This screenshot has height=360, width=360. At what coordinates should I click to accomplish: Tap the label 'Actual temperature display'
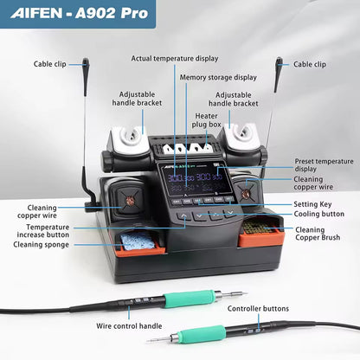tap(175, 59)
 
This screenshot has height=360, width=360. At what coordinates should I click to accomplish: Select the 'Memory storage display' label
tap(217, 76)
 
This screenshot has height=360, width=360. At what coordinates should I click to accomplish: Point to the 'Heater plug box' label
tap(206, 120)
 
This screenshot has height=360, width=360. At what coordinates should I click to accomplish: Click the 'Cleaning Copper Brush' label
tap(322, 235)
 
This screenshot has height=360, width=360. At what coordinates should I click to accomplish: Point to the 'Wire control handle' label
tap(130, 327)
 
